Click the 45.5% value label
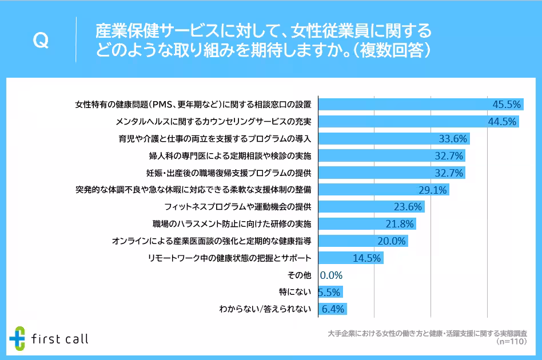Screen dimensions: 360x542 tap(507, 105)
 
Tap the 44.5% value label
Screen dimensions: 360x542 tap(503, 121)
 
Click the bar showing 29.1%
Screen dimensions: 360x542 tap(383, 189)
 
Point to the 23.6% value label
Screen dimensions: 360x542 tap(408, 206)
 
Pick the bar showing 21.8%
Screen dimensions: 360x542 tap(366, 223)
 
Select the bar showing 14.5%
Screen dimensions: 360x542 tap(350, 258)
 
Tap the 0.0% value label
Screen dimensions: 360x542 tap(331, 275)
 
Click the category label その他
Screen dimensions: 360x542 tap(302, 275)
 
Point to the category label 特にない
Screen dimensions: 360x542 tap(295, 292)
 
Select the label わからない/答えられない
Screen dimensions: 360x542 tap(265, 309)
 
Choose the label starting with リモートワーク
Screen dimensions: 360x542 tap(229, 258)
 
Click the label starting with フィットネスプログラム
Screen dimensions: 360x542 tap(237, 206)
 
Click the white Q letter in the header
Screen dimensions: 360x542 tap(41, 41)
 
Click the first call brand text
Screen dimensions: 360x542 tap(60, 339)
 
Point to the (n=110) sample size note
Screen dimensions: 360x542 tap(511, 342)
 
